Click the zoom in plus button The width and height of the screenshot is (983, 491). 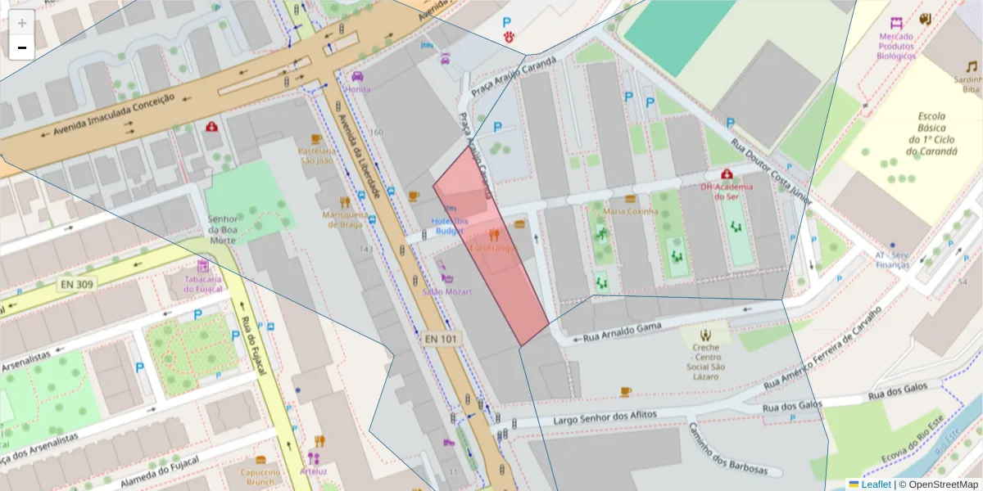(x=22, y=23)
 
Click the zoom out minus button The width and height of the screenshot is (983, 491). (x=22, y=47)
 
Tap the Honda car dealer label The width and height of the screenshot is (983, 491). (x=358, y=89)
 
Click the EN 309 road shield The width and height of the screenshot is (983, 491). (x=76, y=284)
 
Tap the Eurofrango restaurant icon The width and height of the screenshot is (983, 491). (x=494, y=235)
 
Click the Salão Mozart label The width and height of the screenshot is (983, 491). (x=446, y=291)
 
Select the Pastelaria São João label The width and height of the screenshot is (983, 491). (x=316, y=155)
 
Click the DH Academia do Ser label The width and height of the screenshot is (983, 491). (x=727, y=191)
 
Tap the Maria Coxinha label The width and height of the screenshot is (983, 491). (x=630, y=211)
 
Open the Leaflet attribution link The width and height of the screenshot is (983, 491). (x=876, y=484)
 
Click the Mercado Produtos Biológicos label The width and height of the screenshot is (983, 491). (x=896, y=47)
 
